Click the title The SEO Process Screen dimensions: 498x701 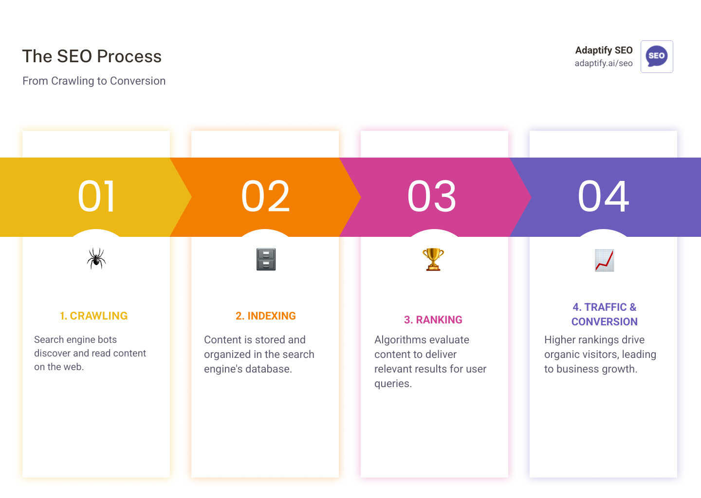tap(92, 56)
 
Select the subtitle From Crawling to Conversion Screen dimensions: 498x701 tap(94, 81)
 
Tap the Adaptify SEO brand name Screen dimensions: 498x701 tap(604, 50)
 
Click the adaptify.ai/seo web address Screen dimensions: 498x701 tap(603, 63)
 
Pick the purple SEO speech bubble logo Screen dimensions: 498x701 tap(656, 56)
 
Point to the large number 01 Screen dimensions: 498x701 tap(96, 196)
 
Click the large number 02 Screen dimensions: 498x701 tap(265, 196)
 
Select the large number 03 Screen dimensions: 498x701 tap(432, 196)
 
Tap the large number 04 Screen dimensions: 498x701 tap(603, 196)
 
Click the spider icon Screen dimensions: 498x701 tap(96, 258)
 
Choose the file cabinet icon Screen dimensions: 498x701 tap(266, 259)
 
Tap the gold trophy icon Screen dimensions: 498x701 tap(433, 259)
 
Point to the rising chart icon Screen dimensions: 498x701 tap(604, 260)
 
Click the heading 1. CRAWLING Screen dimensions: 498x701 tap(93, 316)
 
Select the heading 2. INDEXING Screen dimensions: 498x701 tap(265, 316)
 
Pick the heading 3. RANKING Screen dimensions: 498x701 tap(433, 320)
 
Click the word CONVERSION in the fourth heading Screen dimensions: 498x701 tap(604, 321)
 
